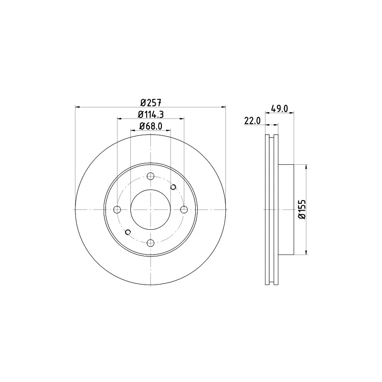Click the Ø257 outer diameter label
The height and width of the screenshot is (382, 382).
(151, 103)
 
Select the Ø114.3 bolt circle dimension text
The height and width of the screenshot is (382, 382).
(151, 114)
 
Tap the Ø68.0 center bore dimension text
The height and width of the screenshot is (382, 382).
(151, 126)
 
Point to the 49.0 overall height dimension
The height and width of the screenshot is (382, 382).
(280, 109)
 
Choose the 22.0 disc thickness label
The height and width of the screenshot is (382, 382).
(253, 121)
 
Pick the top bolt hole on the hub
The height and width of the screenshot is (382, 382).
(151, 176)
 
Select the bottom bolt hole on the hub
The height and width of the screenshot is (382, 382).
(151, 243)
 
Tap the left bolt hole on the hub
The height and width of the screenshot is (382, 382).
(117, 210)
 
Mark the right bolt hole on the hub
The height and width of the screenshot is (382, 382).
(184, 210)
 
